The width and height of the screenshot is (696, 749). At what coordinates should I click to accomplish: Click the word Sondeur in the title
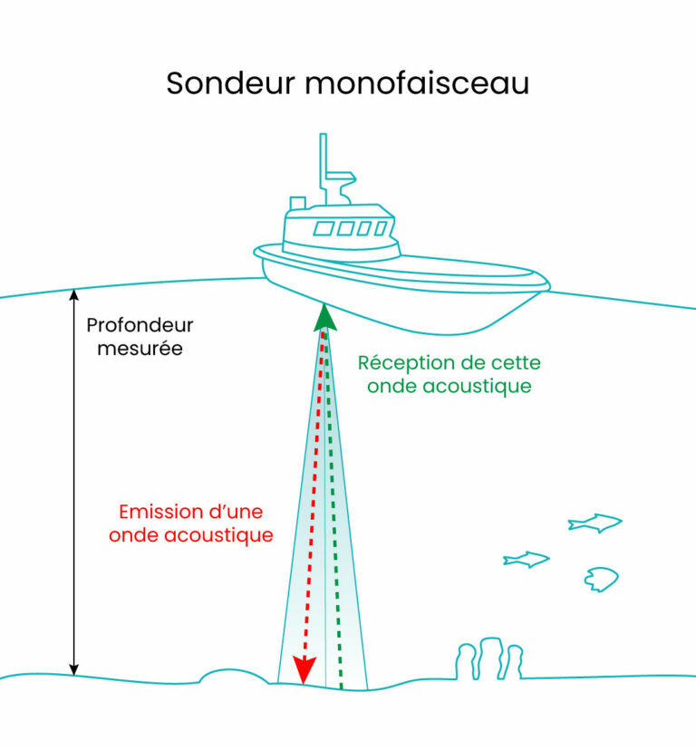pyautogui.click(x=231, y=83)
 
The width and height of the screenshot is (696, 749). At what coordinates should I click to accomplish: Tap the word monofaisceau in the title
pyautogui.click(x=417, y=83)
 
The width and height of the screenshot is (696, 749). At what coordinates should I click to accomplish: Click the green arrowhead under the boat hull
pyautogui.click(x=325, y=318)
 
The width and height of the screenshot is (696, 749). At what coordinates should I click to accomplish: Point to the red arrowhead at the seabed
pyautogui.click(x=304, y=670)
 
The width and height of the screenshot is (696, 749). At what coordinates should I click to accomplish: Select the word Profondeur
pyautogui.click(x=140, y=325)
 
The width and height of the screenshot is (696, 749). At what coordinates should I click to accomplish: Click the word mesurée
pyautogui.click(x=140, y=348)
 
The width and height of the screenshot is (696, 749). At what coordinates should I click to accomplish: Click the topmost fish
pyautogui.click(x=595, y=523)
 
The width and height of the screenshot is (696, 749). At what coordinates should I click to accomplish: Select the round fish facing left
pyautogui.click(x=602, y=580)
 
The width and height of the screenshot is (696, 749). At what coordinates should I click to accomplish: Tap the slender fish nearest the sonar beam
pyautogui.click(x=527, y=560)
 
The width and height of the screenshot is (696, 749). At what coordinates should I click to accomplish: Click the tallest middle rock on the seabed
pyautogui.click(x=491, y=658)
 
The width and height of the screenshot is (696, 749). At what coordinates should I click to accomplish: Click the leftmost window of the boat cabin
pyautogui.click(x=324, y=229)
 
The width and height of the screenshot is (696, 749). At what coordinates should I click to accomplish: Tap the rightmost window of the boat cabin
pyautogui.click(x=381, y=229)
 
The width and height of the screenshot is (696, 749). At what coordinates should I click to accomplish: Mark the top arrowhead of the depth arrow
pyautogui.click(x=74, y=294)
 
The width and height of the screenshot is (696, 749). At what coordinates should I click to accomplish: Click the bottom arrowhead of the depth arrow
pyautogui.click(x=74, y=670)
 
